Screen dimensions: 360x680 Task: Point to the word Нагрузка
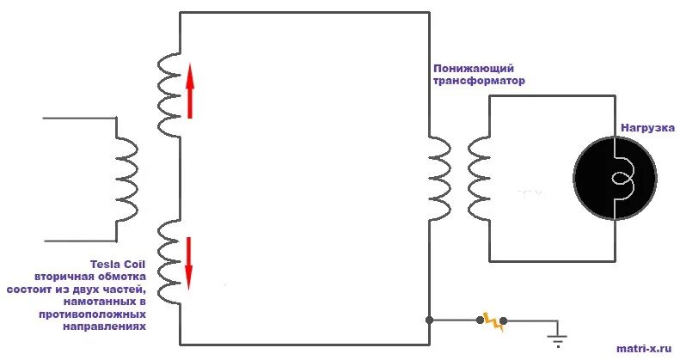(648, 128)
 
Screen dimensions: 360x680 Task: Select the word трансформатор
(478, 80)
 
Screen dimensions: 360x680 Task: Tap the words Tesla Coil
(118, 265)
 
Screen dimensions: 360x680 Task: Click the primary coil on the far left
(126, 180)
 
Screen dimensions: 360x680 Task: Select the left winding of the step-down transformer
(439, 180)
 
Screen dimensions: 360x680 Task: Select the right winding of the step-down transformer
(479, 180)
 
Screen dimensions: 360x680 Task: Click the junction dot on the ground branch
(428, 320)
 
